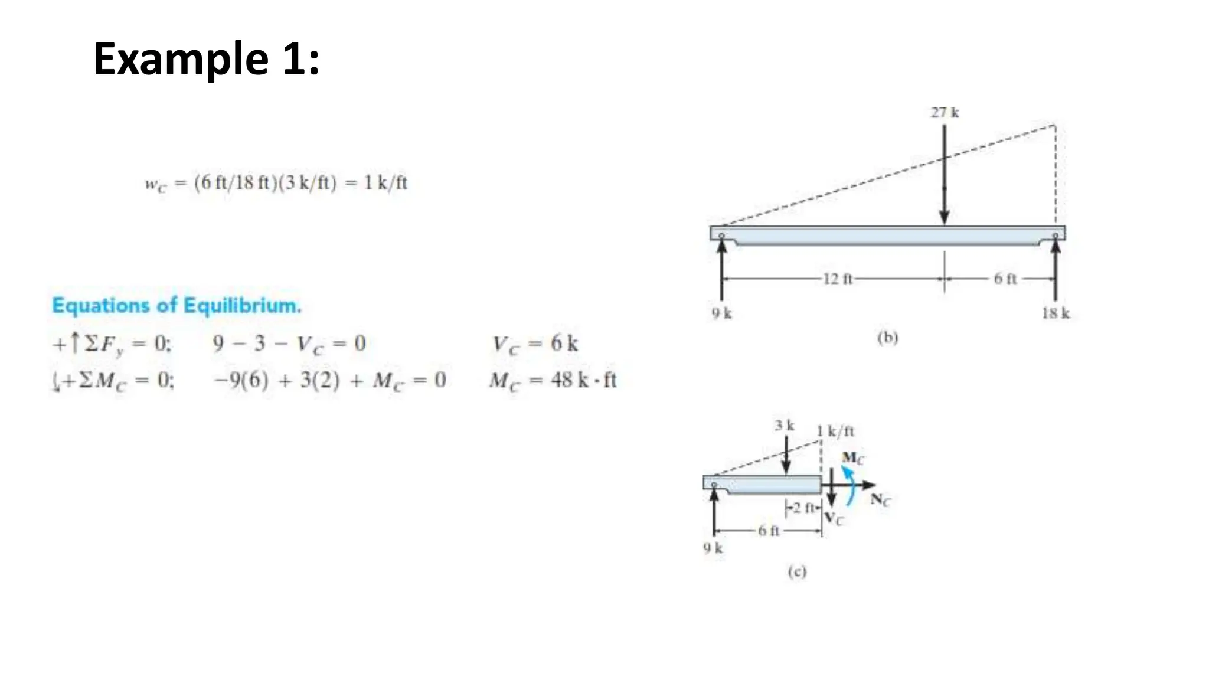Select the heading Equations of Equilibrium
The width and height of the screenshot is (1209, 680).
(177, 306)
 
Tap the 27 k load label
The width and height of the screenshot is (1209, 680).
(945, 112)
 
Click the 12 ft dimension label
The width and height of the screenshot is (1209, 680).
(838, 279)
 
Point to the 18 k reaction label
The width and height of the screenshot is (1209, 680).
(1056, 313)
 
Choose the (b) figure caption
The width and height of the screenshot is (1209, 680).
(887, 338)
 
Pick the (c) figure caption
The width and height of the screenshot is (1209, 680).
(797, 571)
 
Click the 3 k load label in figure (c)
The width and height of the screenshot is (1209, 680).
(785, 425)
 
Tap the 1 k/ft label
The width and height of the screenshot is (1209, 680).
(835, 431)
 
